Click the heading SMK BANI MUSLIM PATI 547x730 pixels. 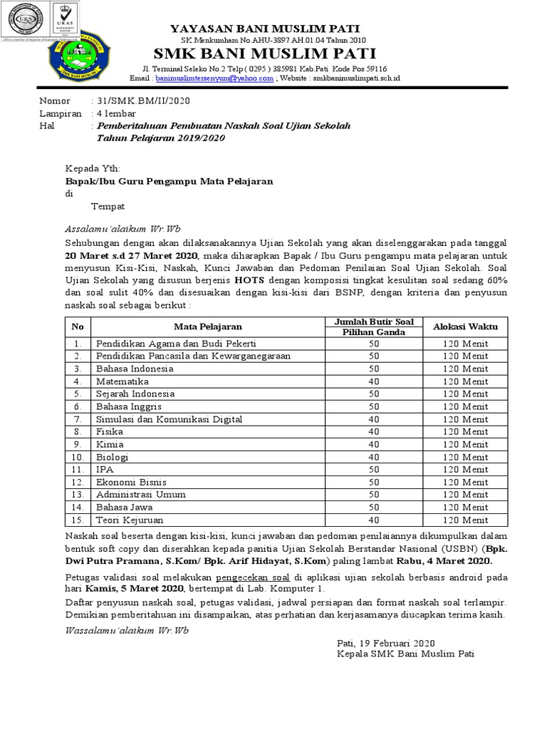pyautogui.click(x=274, y=54)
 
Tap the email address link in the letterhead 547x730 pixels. pyautogui.click(x=214, y=79)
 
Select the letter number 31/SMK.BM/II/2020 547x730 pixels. pyautogui.click(x=142, y=102)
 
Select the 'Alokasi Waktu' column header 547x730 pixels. pyautogui.click(x=466, y=327)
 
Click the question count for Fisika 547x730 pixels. pyautogui.click(x=373, y=431)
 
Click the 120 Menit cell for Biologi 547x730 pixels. pyautogui.click(x=466, y=457)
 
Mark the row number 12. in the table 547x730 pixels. pyautogui.click(x=78, y=482)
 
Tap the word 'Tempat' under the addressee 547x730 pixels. pyautogui.click(x=108, y=206)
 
